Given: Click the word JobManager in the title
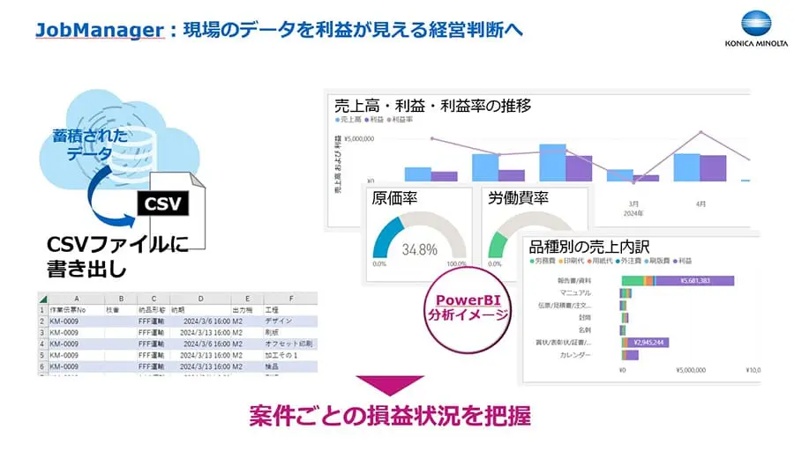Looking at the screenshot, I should (x=99, y=30).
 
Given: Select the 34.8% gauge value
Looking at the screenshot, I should (x=419, y=249).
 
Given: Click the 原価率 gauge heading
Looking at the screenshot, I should (x=394, y=198).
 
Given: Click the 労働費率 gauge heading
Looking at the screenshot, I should (x=518, y=198).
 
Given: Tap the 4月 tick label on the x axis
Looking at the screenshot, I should (x=700, y=203).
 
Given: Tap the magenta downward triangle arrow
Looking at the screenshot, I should (x=389, y=385).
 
